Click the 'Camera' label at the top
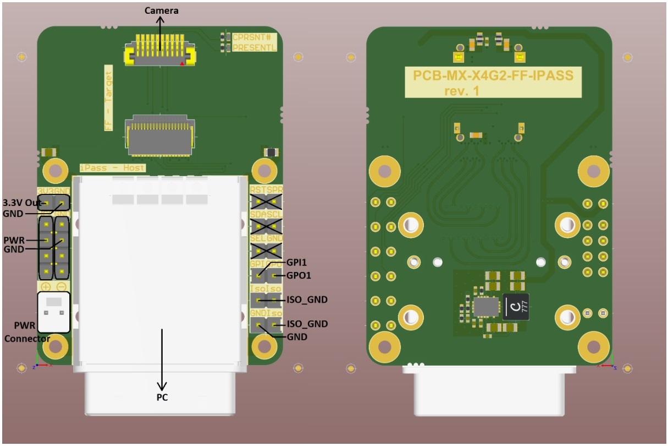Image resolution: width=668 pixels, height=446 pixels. point(161,10)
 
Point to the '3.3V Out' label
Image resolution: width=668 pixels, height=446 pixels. point(23,202)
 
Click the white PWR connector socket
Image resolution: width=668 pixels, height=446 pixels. point(53,312)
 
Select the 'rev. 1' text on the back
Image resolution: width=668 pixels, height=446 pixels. point(461,91)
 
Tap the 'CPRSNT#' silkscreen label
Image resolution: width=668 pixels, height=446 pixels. point(253,37)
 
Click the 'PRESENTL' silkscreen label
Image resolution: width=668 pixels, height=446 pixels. point(253,48)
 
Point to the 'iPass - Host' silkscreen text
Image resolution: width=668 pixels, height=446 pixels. point(113,167)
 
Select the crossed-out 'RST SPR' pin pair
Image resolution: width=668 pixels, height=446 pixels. point(266,201)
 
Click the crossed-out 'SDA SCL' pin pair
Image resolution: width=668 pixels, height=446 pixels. point(266,226)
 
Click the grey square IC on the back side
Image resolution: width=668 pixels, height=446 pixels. point(485,307)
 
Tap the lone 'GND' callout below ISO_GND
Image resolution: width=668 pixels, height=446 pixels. point(297,336)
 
